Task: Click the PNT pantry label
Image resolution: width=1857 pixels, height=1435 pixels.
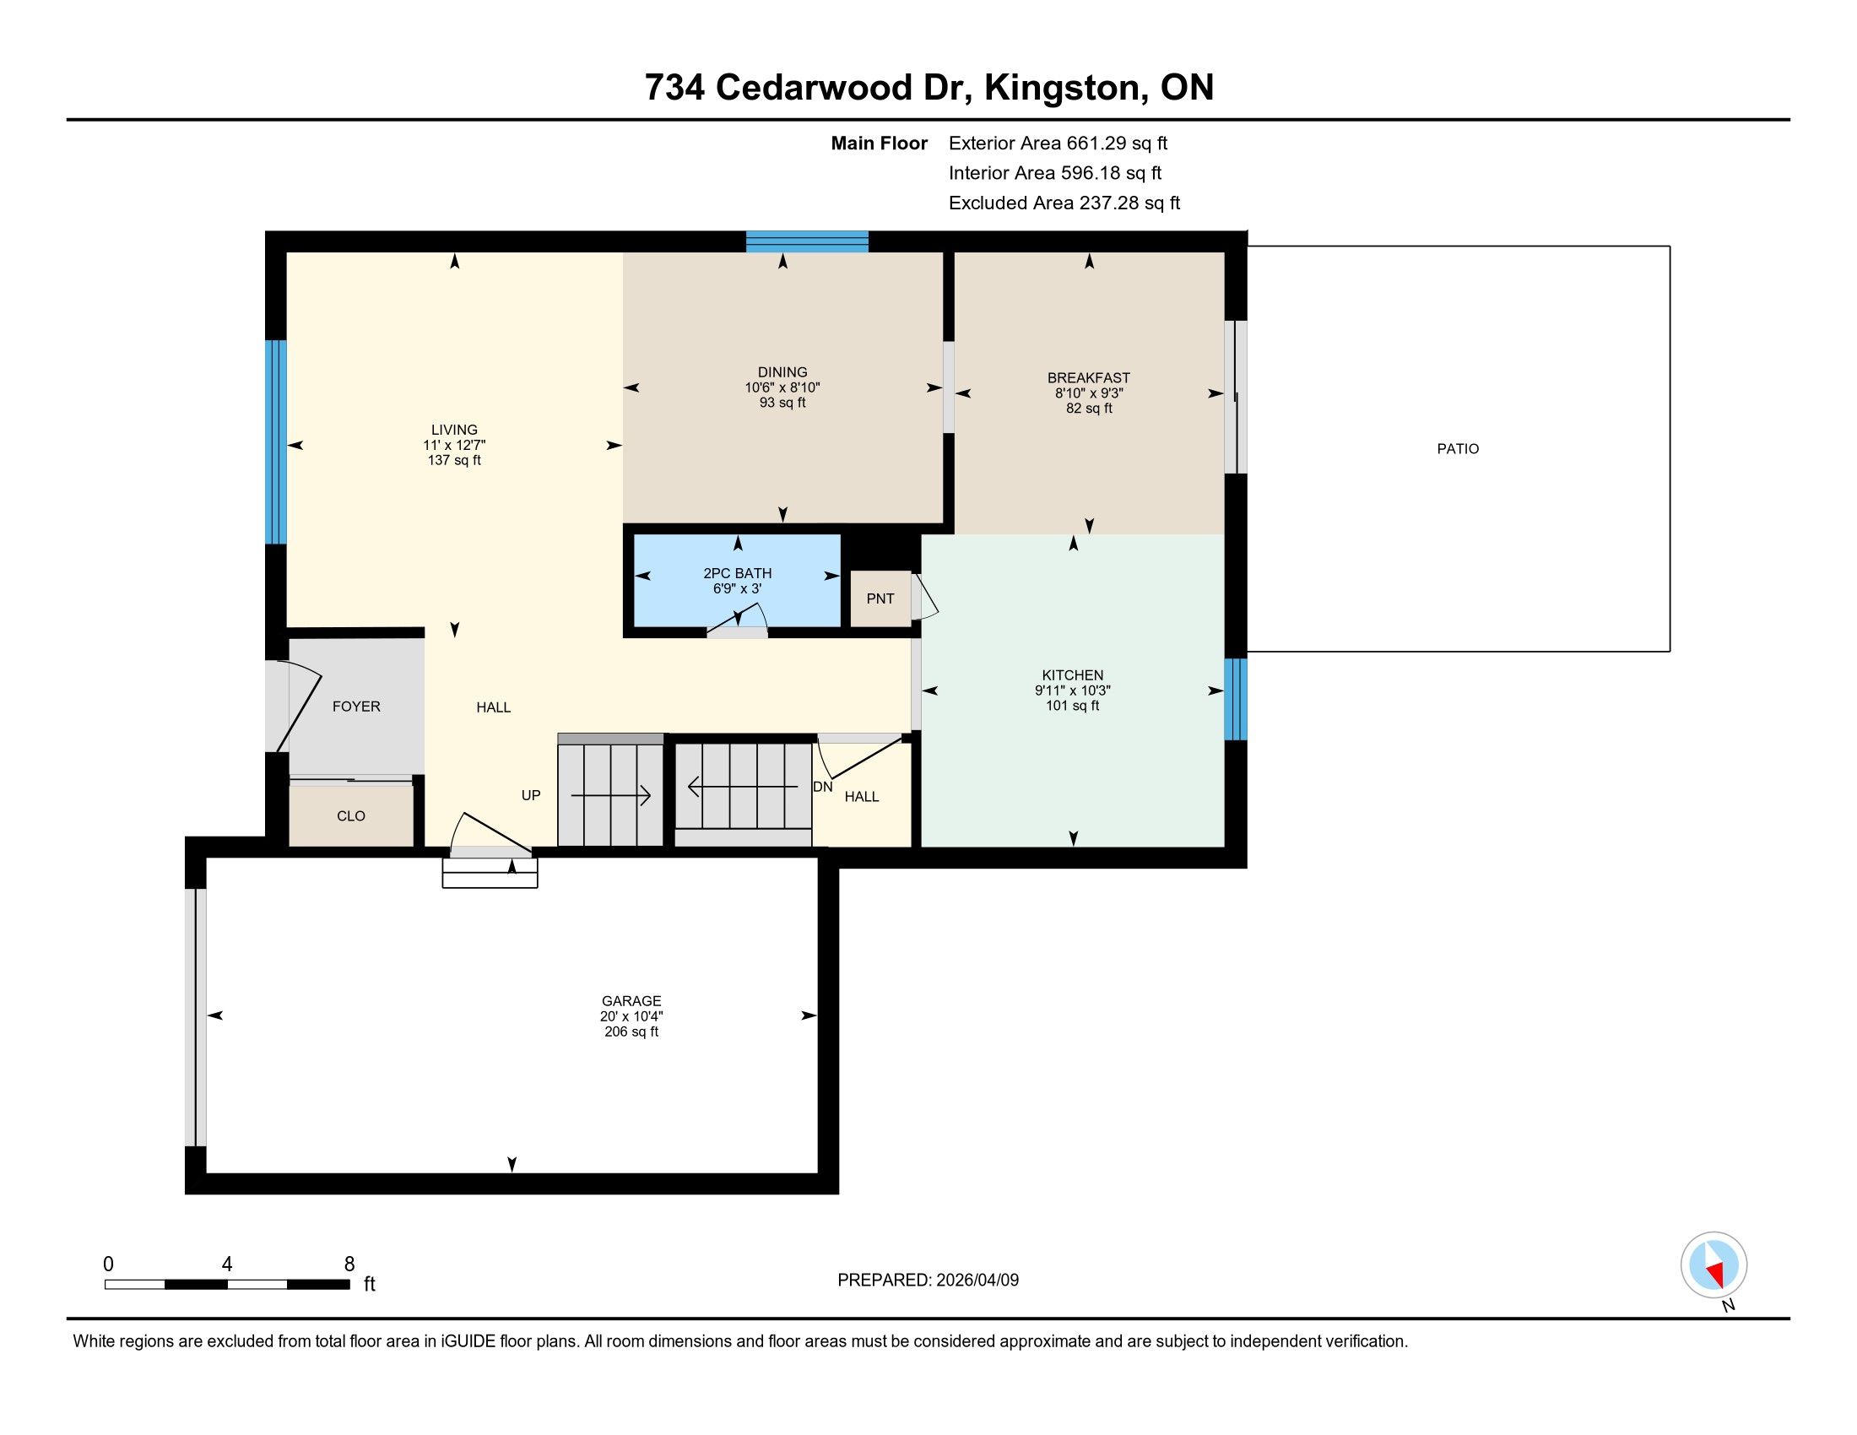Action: point(880,598)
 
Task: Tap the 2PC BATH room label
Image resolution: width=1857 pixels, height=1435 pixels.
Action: point(737,573)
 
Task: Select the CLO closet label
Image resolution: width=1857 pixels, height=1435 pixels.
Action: point(350,816)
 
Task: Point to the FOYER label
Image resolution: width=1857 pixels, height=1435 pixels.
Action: point(356,707)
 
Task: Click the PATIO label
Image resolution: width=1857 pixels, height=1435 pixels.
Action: point(1459,449)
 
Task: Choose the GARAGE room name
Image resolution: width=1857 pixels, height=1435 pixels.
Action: point(631,1001)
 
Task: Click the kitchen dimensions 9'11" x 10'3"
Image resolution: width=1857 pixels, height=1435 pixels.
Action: point(1072,691)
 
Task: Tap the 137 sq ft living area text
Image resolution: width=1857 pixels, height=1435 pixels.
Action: point(454,461)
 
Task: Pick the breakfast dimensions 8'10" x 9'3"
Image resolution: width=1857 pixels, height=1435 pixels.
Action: point(1088,393)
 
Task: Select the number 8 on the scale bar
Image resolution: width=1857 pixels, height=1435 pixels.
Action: point(349,1264)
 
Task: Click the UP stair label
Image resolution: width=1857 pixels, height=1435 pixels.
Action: point(531,796)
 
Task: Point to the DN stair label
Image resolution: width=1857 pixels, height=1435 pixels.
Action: point(822,788)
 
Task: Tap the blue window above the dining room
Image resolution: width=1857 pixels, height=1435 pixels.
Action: point(807,242)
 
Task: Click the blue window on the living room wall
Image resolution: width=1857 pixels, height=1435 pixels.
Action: point(275,442)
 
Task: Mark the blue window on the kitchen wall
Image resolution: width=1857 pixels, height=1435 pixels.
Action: point(1236,700)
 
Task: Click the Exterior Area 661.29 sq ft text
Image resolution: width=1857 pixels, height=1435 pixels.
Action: point(1058,143)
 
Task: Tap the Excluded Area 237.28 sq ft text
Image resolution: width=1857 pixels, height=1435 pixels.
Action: point(1064,203)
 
